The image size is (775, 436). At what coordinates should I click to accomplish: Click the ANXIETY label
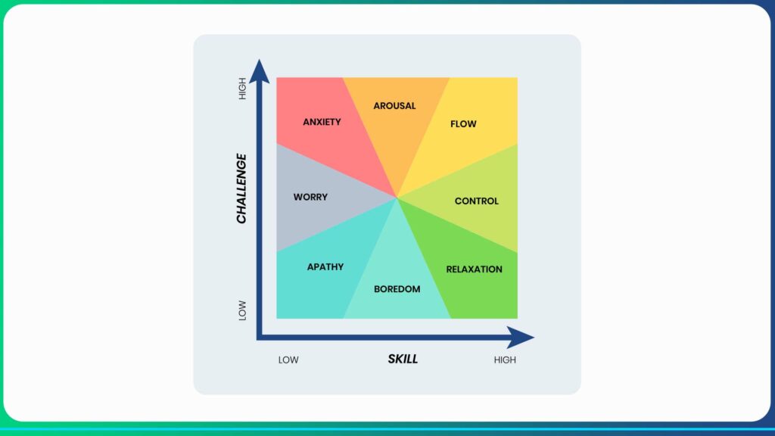pyautogui.click(x=322, y=122)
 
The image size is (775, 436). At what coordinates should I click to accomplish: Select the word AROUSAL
pyautogui.click(x=394, y=106)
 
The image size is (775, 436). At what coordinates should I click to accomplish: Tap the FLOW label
pyautogui.click(x=463, y=124)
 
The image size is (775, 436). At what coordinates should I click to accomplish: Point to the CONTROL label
pyautogui.click(x=477, y=201)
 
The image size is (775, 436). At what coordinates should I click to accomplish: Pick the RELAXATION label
pyautogui.click(x=474, y=269)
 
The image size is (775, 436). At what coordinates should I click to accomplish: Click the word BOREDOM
pyautogui.click(x=397, y=289)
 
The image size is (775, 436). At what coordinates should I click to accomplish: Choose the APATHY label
pyautogui.click(x=325, y=267)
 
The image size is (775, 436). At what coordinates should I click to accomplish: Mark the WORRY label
pyautogui.click(x=310, y=198)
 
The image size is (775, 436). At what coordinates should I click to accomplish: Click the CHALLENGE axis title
pyautogui.click(x=241, y=188)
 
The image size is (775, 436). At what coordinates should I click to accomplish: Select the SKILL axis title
pyautogui.click(x=403, y=360)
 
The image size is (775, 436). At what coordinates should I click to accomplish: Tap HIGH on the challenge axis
pyautogui.click(x=242, y=89)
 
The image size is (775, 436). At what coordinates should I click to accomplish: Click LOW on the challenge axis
pyautogui.click(x=242, y=310)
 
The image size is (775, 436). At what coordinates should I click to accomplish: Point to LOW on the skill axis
pyautogui.click(x=288, y=360)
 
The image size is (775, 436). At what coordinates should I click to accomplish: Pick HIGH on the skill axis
pyautogui.click(x=505, y=360)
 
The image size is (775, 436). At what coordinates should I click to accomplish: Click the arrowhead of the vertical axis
pyautogui.click(x=259, y=71)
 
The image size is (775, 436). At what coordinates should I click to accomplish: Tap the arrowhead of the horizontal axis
pyautogui.click(x=521, y=338)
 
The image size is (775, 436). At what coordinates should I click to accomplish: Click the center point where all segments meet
pyautogui.click(x=397, y=198)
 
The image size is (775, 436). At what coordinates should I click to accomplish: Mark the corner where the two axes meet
pyautogui.click(x=259, y=338)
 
